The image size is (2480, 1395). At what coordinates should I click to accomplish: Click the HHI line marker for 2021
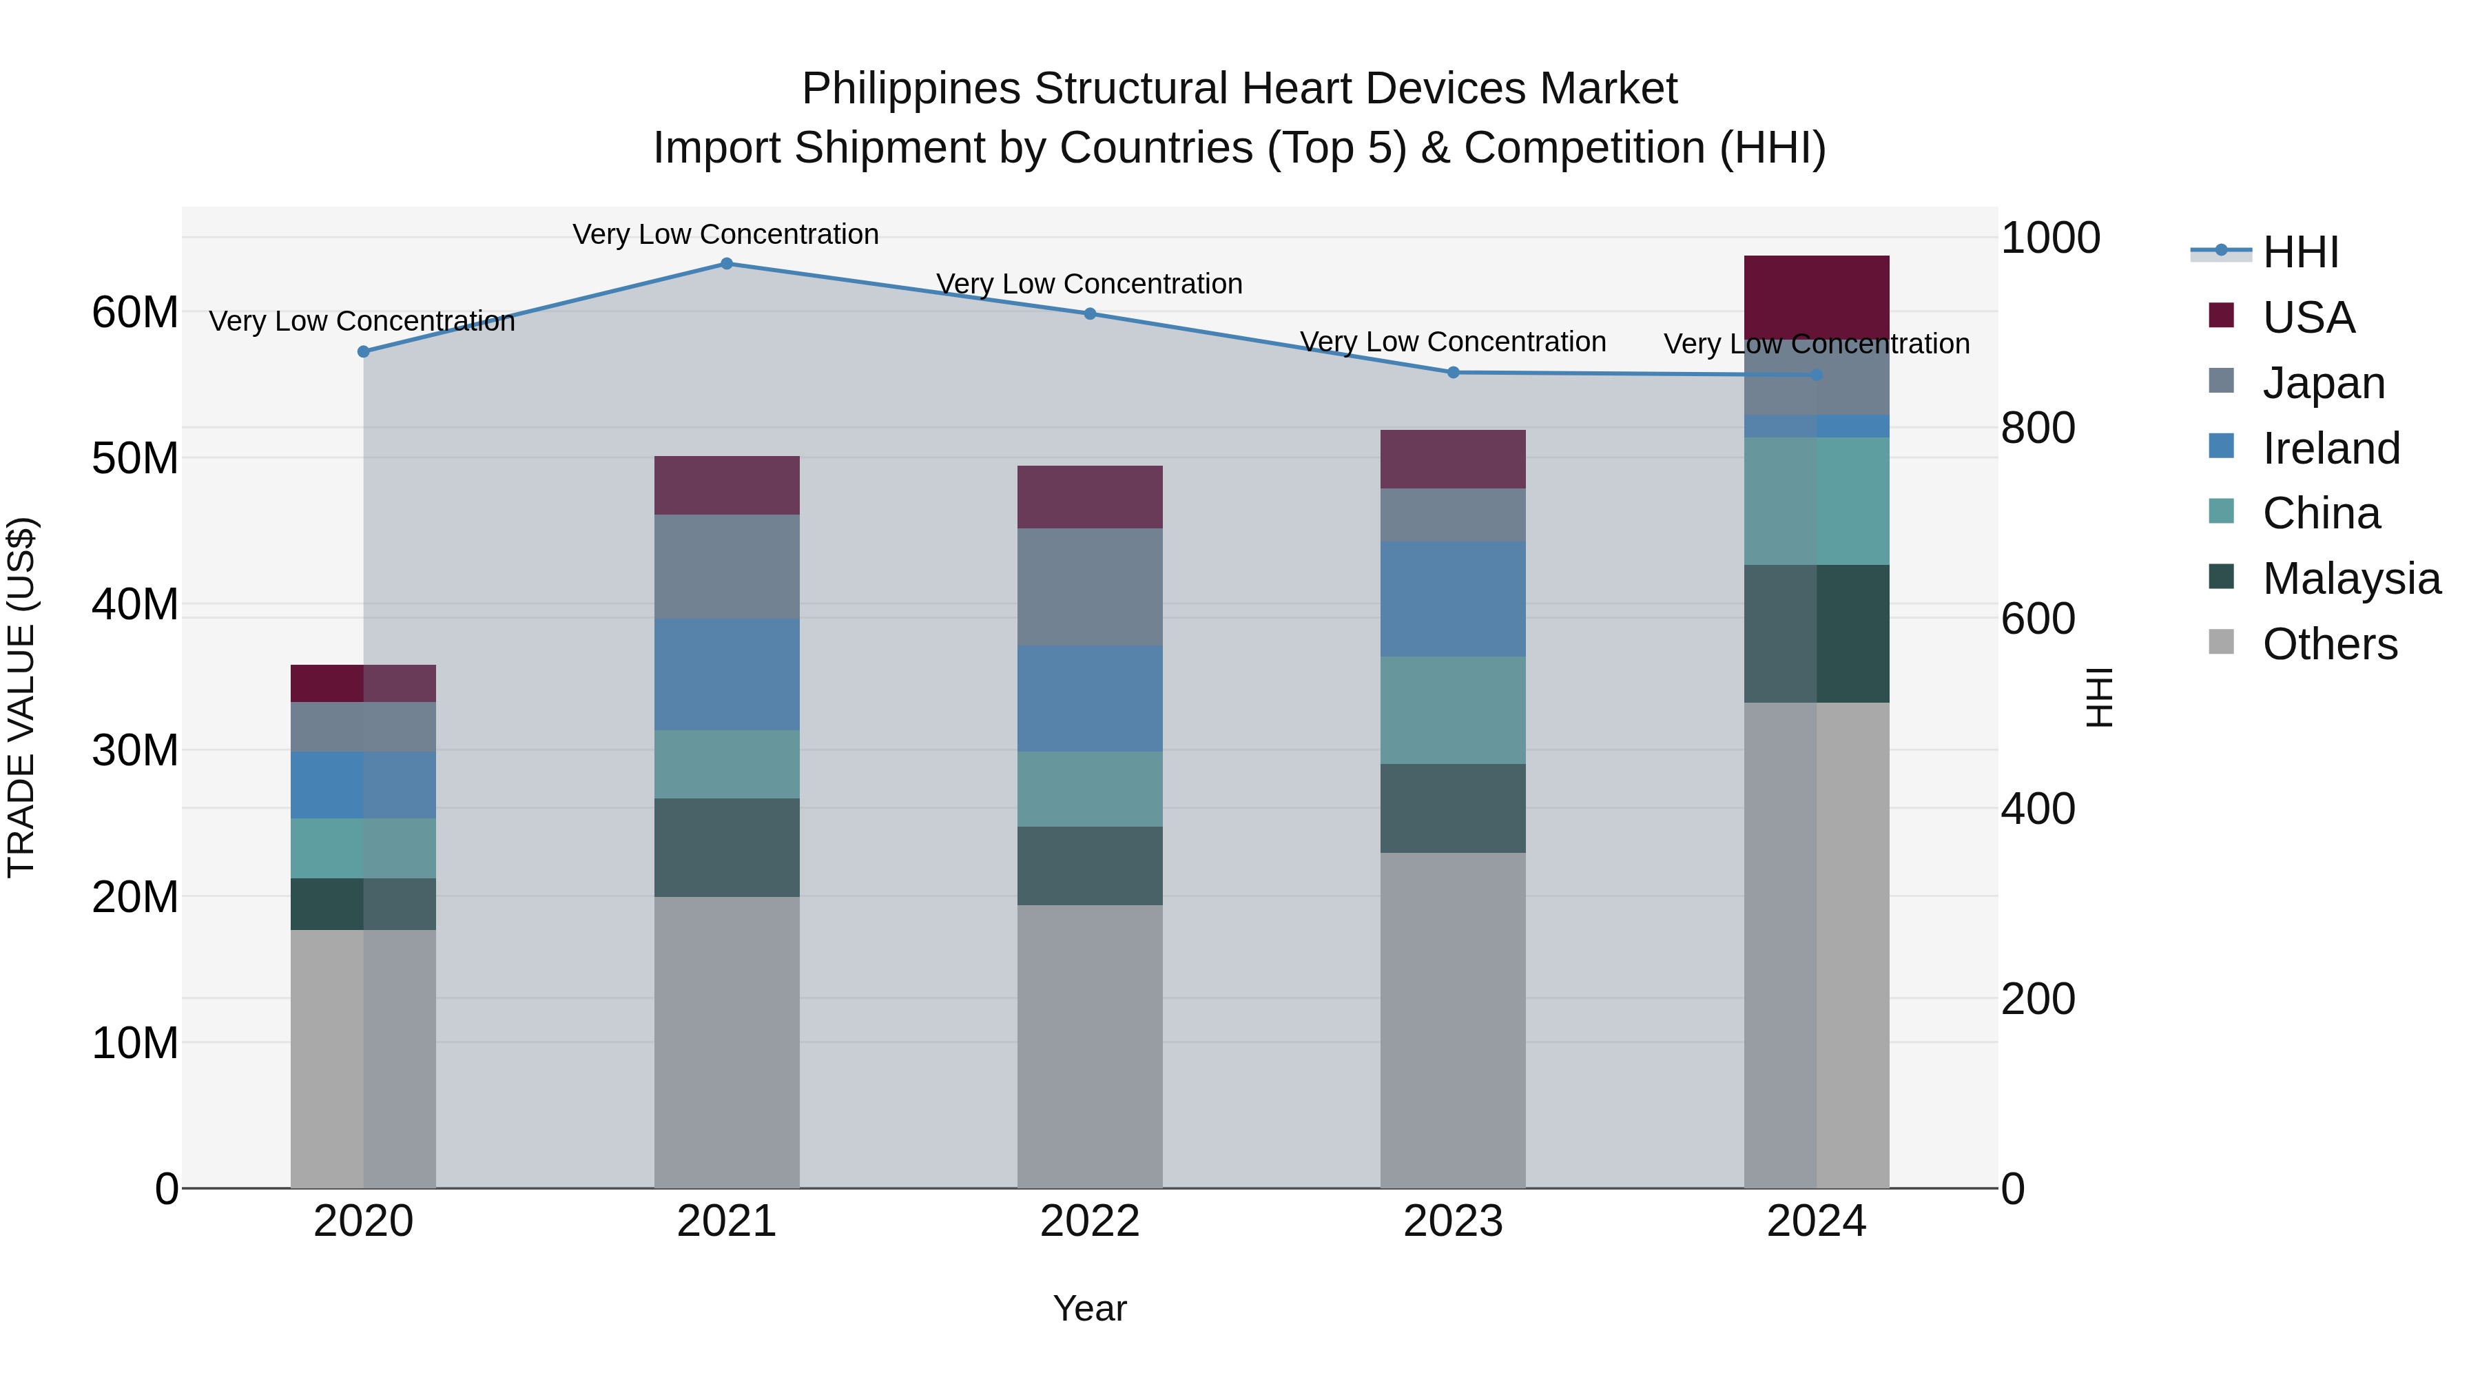tap(727, 264)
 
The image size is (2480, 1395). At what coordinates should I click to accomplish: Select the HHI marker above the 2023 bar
tap(1454, 373)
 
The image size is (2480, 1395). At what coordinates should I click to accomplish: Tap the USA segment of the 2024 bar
tap(1817, 296)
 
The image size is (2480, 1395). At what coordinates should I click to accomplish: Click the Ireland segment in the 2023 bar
tap(1453, 599)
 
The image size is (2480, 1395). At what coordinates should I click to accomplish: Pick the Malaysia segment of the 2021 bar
tap(727, 847)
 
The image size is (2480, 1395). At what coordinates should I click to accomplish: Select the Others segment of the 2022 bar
tap(1090, 1046)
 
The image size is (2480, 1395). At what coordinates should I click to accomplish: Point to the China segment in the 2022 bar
tap(1090, 789)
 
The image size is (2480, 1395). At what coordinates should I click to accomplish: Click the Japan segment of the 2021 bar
tap(727, 566)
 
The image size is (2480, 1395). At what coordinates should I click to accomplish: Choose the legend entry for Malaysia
tap(2350, 579)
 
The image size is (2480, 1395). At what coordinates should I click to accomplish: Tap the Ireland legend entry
tap(2330, 448)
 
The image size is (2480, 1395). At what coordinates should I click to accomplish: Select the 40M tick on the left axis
tap(135, 605)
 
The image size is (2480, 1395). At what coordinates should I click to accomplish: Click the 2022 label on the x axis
tap(1090, 1221)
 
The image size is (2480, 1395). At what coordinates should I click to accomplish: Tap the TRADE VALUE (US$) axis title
tap(21, 697)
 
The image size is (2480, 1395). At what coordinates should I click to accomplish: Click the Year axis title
tap(1090, 1308)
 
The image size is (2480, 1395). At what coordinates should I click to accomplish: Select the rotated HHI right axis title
tap(2099, 697)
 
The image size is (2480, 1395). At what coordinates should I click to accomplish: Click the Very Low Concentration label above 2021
tap(726, 235)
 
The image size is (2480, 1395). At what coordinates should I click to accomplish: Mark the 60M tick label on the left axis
tap(135, 313)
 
